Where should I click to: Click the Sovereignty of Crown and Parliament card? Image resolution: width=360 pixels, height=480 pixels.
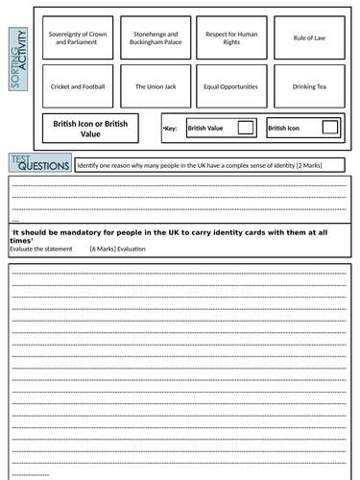pos(78,37)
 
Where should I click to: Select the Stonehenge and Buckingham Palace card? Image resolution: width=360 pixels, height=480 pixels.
pos(153,37)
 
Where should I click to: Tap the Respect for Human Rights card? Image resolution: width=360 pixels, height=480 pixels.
pos(229,37)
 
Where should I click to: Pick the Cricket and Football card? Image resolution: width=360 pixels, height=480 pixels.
pos(78,86)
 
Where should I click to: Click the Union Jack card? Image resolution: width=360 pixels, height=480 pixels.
pos(153,86)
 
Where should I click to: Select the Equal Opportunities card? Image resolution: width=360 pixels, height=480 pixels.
pos(229,86)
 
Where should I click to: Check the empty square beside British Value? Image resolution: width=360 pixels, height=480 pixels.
pos(246,128)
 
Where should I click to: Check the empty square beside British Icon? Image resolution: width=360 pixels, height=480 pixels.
pos(329,128)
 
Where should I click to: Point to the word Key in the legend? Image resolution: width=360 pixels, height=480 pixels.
pos(171,128)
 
